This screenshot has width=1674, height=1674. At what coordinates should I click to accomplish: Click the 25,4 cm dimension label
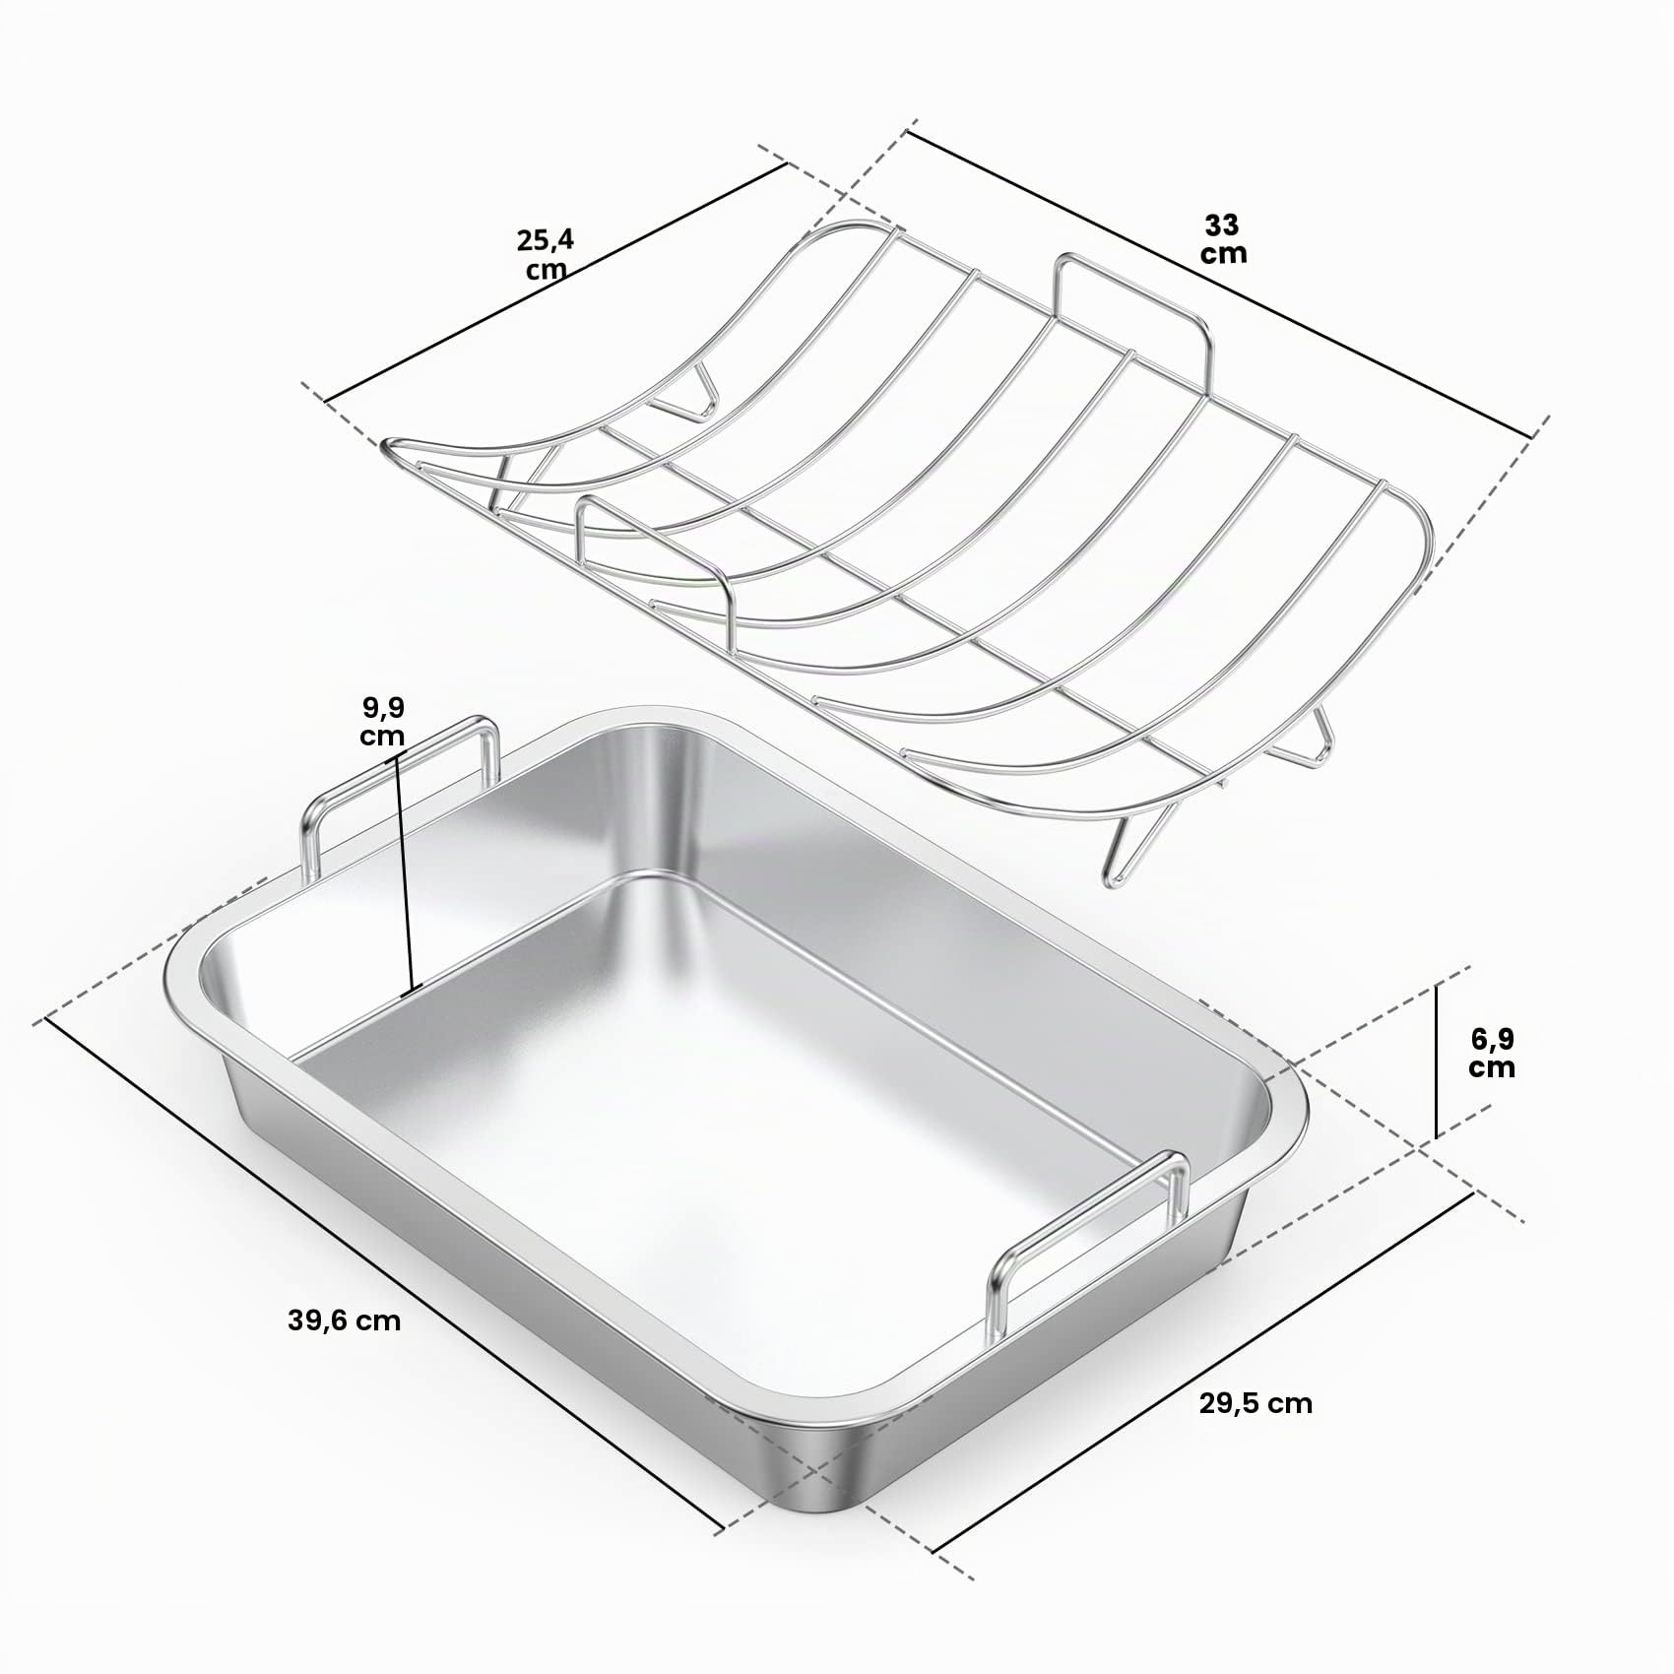[544, 254]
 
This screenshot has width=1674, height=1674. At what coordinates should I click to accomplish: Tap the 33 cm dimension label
[1223, 239]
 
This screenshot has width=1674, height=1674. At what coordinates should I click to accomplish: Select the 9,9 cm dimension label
[382, 722]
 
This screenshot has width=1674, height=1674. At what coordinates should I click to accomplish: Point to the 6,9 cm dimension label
[1492, 1053]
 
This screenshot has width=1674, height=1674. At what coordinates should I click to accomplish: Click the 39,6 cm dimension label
[345, 1321]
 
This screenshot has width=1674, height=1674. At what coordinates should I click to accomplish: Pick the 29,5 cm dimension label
[1255, 1403]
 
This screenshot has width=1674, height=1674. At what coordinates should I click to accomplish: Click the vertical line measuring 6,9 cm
[1437, 1061]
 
